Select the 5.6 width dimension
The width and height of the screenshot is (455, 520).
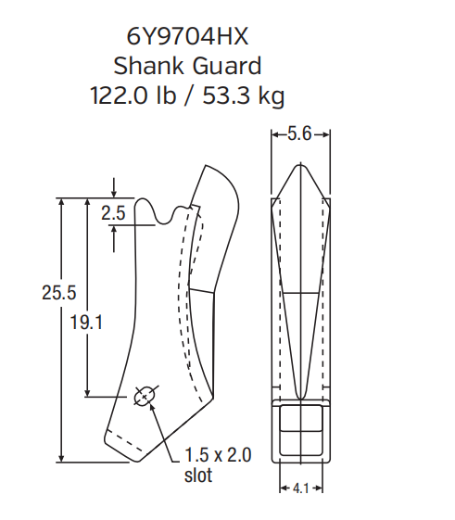[x=299, y=134]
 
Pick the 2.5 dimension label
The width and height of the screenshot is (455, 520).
[x=113, y=213]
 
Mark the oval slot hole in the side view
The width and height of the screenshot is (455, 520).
[x=145, y=397]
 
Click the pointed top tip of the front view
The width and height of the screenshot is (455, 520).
[x=299, y=166]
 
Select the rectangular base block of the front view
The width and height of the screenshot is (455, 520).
[x=299, y=431]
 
